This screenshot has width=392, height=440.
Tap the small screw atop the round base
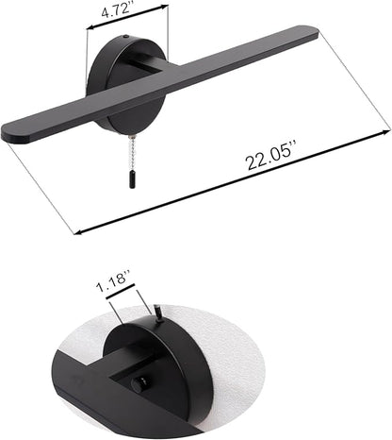[x=126, y=37]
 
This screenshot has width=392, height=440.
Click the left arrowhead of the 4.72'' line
[x=90, y=27]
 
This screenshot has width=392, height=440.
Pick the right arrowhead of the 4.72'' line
[x=166, y=7]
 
